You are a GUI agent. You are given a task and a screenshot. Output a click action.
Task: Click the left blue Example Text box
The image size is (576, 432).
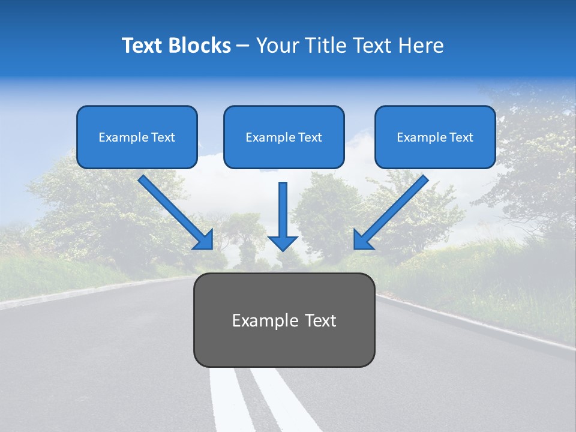coord(137,137)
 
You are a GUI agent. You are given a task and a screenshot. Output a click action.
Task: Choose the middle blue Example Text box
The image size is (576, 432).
coord(284,137)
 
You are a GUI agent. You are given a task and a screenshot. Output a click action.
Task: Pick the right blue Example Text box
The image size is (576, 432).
coord(435,137)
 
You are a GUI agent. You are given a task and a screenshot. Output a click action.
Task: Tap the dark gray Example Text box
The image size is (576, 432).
coord(284,320)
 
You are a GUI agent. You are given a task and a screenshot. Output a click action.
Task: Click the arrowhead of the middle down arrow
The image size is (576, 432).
coord(283,242)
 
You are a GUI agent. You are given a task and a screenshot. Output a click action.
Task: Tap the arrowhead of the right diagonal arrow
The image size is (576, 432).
coord(362,241)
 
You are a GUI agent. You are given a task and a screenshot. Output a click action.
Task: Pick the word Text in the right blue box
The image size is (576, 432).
coord(461,137)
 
